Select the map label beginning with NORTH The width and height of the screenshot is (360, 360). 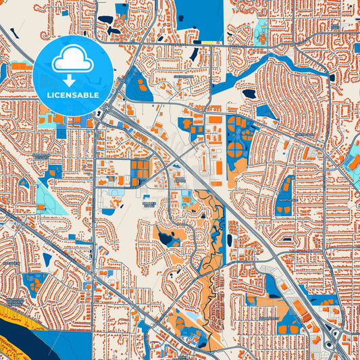point(285,200)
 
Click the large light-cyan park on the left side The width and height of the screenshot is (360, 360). point(47,196)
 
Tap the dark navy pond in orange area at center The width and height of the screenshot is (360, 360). point(168,238)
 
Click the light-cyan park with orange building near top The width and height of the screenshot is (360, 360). point(260,30)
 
